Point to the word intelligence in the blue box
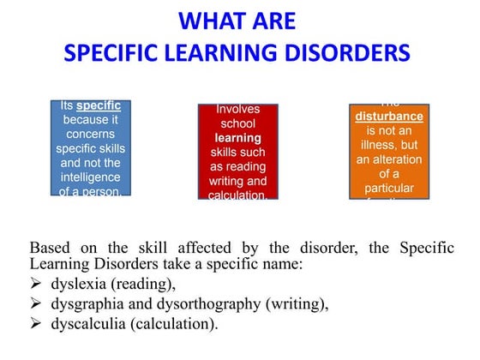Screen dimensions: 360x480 pyautogui.click(x=91, y=177)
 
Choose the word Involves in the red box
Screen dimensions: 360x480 pyautogui.click(x=238, y=109)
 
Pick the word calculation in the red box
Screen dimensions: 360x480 pyautogui.click(x=237, y=195)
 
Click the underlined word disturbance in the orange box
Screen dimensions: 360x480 pyautogui.click(x=389, y=117)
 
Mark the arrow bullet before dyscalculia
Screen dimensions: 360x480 pyautogui.click(x=35, y=325)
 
